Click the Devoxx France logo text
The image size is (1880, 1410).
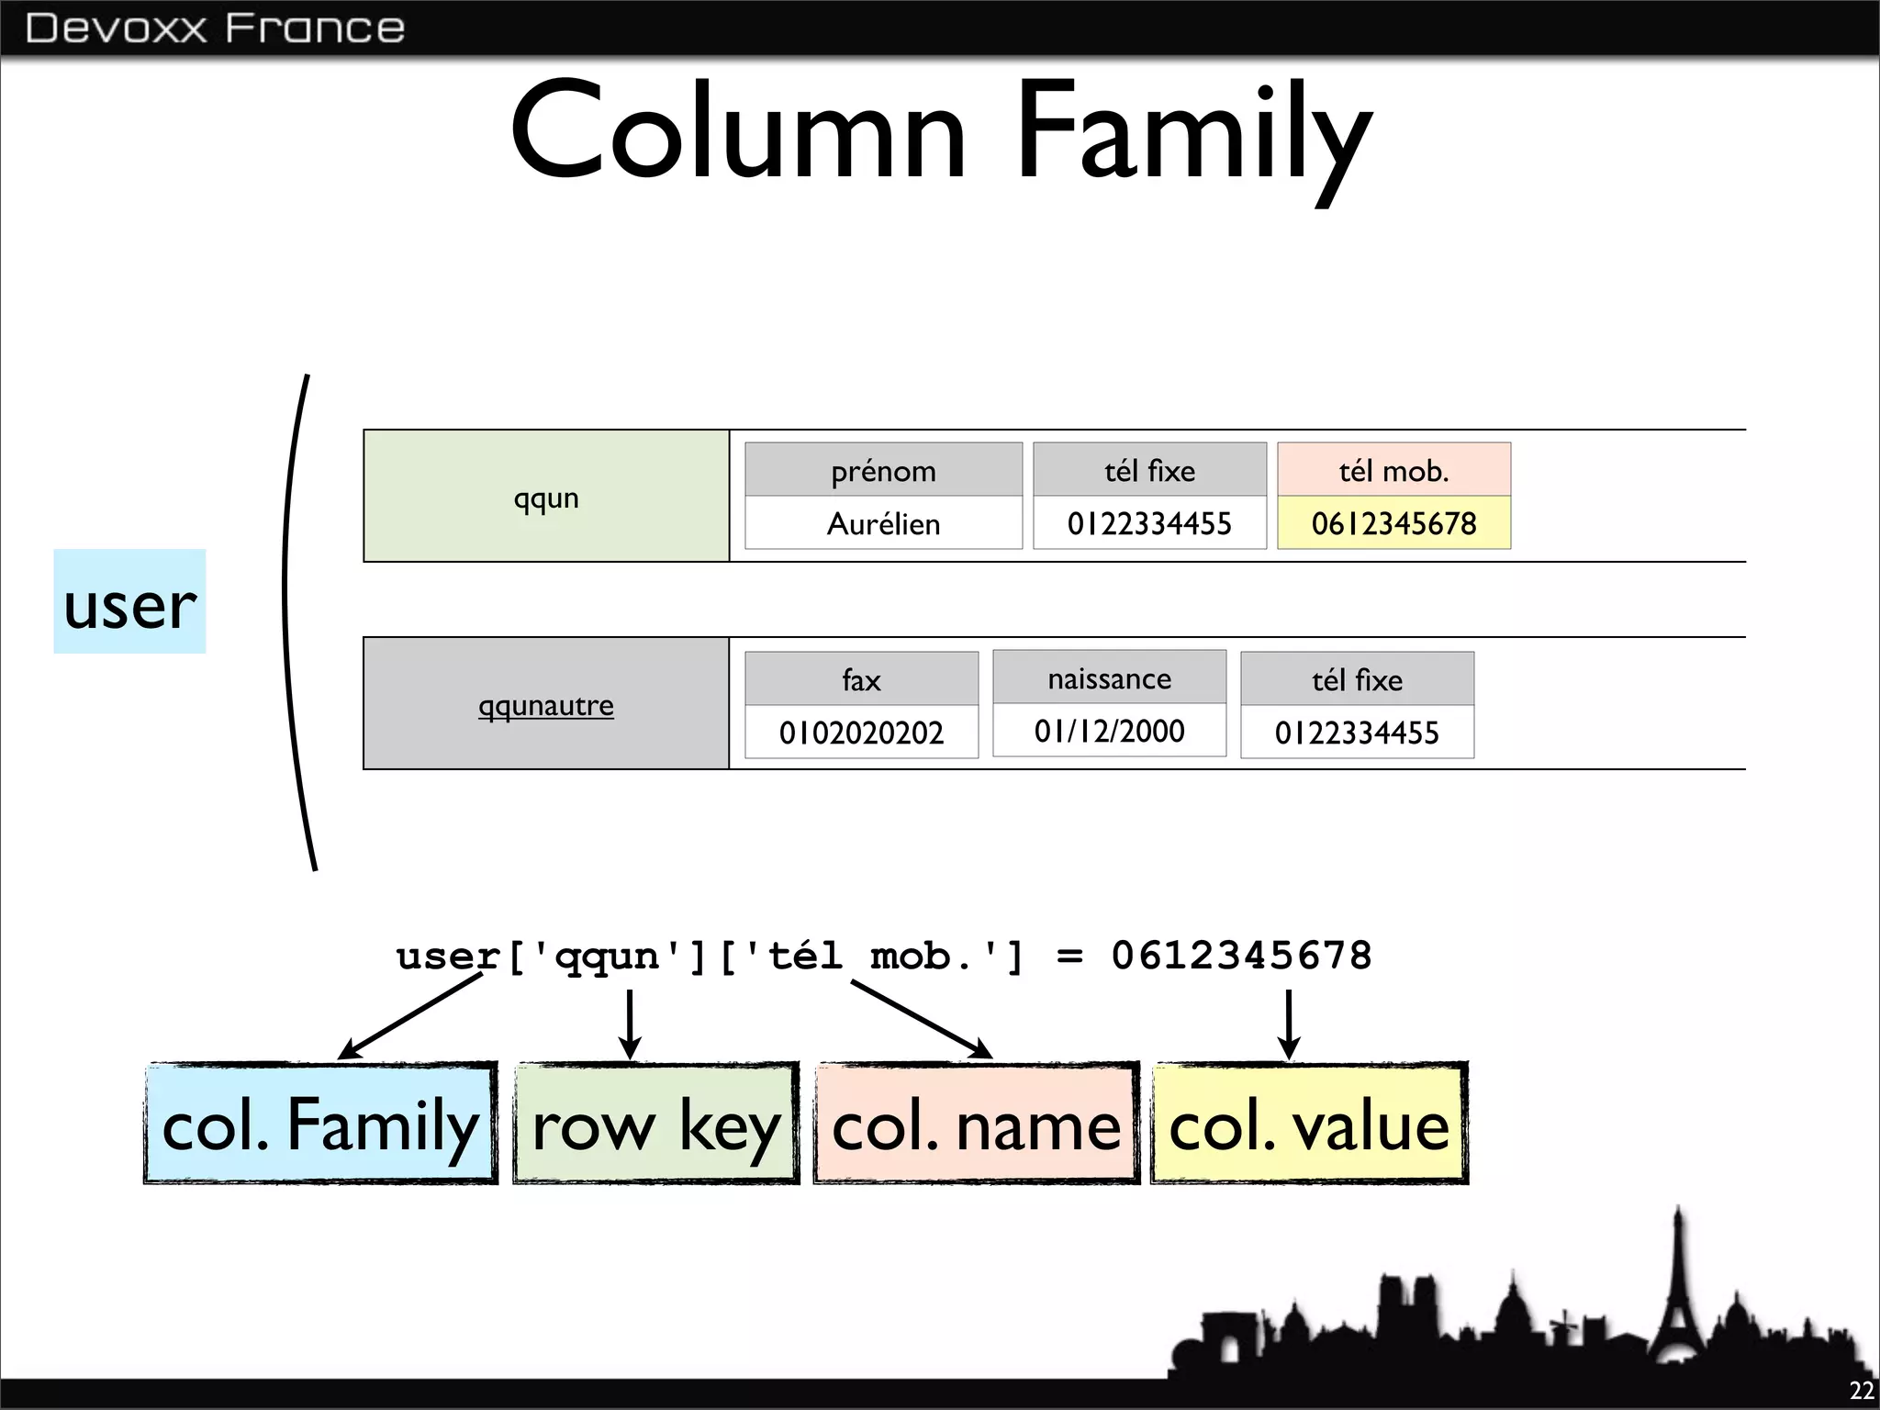pos(215,28)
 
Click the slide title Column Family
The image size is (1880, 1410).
pos(940,133)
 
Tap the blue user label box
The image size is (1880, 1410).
pos(129,602)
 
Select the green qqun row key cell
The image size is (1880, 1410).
pos(546,497)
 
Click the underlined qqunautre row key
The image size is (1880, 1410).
pos(546,705)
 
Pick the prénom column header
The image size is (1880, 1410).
pos(883,470)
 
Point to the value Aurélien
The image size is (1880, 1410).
pos(883,523)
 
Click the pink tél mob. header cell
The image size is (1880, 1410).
pos(1393,470)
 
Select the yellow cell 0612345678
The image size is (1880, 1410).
pos(1393,523)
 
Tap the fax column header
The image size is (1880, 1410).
pos(861,679)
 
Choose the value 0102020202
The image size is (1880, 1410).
pos(861,733)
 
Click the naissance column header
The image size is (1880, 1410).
pos(1109,678)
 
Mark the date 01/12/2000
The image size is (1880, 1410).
pos(1109,731)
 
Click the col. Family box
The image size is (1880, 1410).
pos(320,1124)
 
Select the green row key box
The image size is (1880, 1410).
pos(655,1124)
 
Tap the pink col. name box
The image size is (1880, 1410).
pos(976,1124)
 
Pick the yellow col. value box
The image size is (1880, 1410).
pos(1309,1124)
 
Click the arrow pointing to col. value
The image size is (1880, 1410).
pos(1289,1024)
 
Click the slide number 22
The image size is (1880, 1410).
pos(1861,1390)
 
